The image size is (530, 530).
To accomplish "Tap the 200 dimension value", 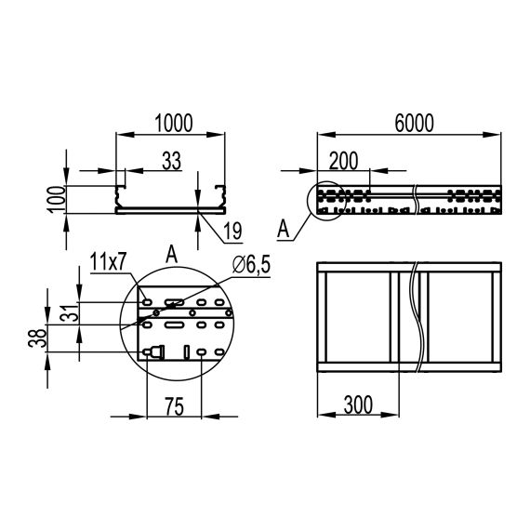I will pos(343,160).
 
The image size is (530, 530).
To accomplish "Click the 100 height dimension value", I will pos(56,199).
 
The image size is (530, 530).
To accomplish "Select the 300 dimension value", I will pos(358,404).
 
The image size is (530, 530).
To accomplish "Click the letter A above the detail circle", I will pos(170,253).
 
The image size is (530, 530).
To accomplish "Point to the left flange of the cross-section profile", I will pos(119,197).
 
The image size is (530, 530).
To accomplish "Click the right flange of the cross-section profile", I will pos(221,197).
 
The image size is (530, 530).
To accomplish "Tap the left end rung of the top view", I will pos(322,316).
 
